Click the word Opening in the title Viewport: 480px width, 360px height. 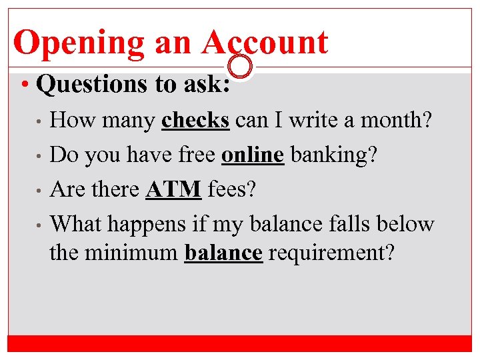(x=78, y=43)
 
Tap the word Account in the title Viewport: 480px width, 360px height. (x=265, y=42)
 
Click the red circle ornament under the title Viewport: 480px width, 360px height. (x=240, y=66)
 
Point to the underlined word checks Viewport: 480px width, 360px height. (x=196, y=120)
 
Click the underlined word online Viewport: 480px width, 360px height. (x=253, y=155)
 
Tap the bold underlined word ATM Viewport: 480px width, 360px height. (x=173, y=189)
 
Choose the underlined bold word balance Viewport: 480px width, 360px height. (x=224, y=253)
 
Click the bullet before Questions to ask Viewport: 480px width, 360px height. (x=24, y=85)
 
